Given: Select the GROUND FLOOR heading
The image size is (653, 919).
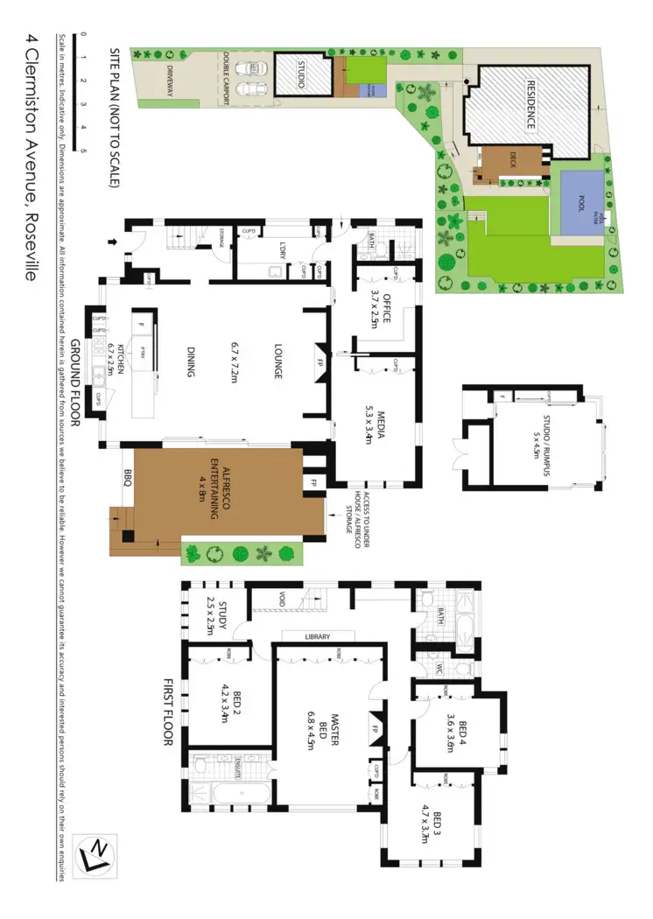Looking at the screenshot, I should tap(76, 382).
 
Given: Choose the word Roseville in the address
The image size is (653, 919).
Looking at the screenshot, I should tap(30, 244).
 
